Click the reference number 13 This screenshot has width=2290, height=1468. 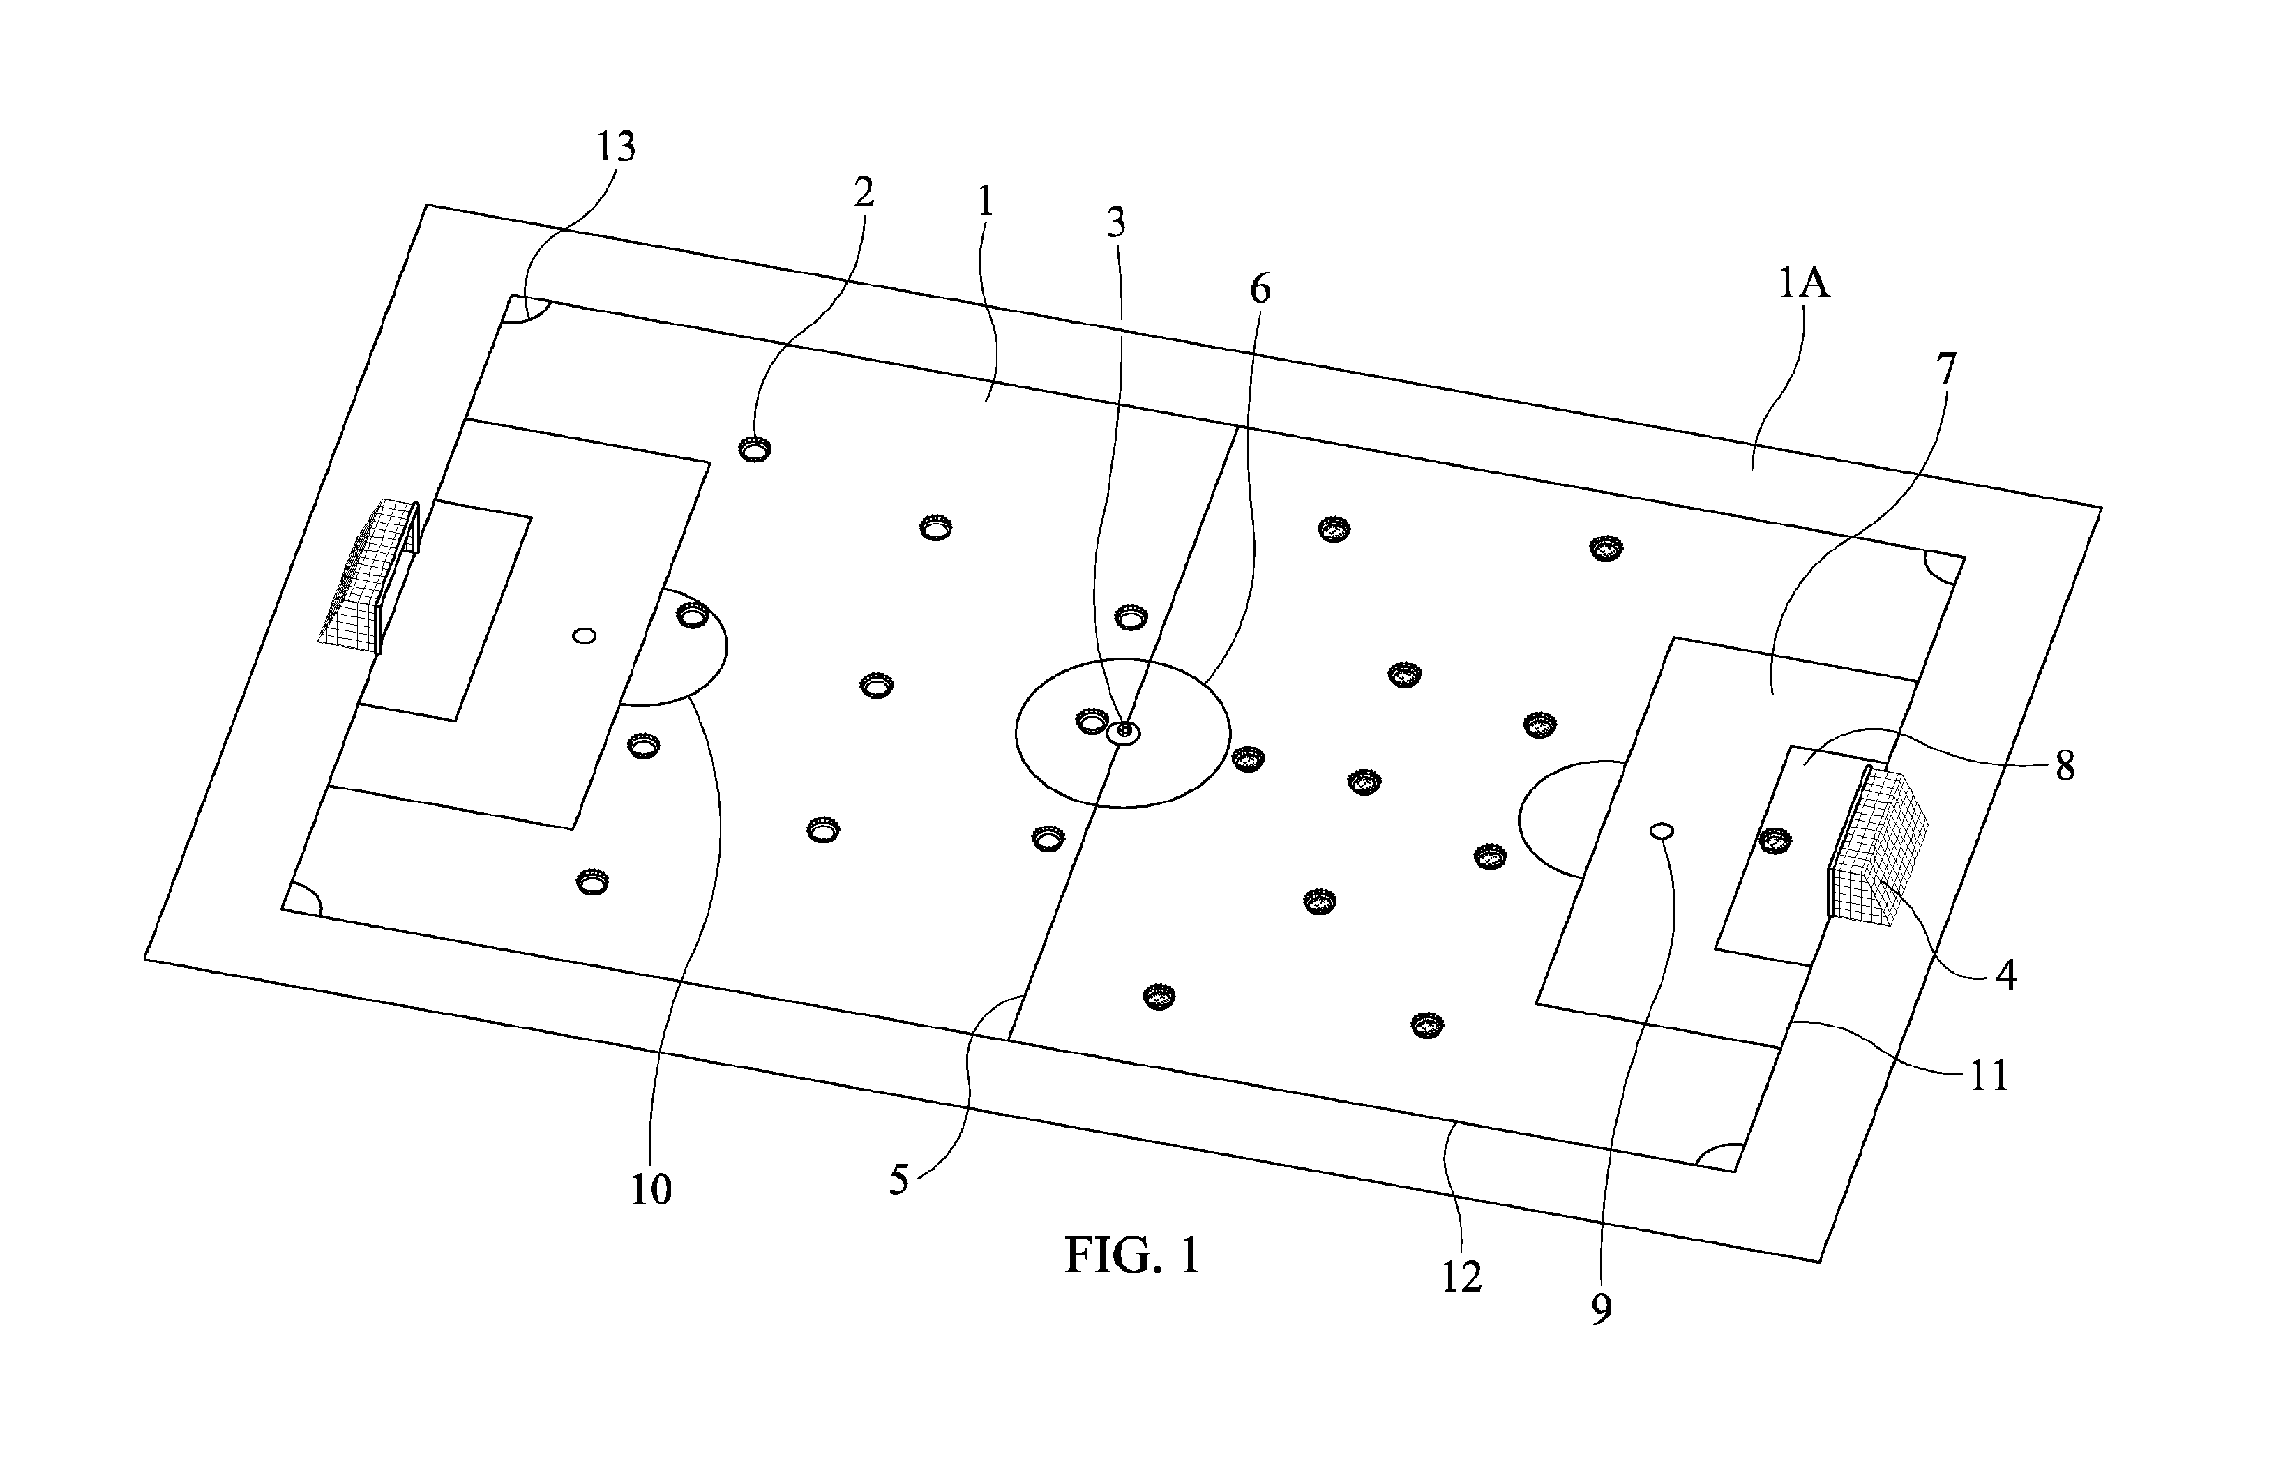click(x=616, y=146)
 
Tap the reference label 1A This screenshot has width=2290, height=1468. click(x=1804, y=283)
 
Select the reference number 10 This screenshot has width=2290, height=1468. click(x=651, y=1189)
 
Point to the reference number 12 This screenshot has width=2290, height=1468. click(x=1461, y=1278)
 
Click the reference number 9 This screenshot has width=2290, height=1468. click(x=1602, y=1309)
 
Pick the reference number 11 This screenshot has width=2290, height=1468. click(x=1989, y=1075)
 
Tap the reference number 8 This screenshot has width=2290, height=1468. click(x=2065, y=766)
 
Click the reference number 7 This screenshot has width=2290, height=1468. click(x=1946, y=369)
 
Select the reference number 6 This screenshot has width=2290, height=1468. click(x=1260, y=288)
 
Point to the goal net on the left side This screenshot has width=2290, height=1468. click(x=369, y=575)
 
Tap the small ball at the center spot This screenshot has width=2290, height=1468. click(x=1125, y=731)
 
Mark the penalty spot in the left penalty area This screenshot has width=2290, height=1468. click(x=583, y=635)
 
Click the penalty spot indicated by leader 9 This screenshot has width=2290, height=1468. click(x=1662, y=831)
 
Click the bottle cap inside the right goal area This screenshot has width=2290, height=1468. click(x=1775, y=840)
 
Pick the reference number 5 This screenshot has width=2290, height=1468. click(x=900, y=1180)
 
